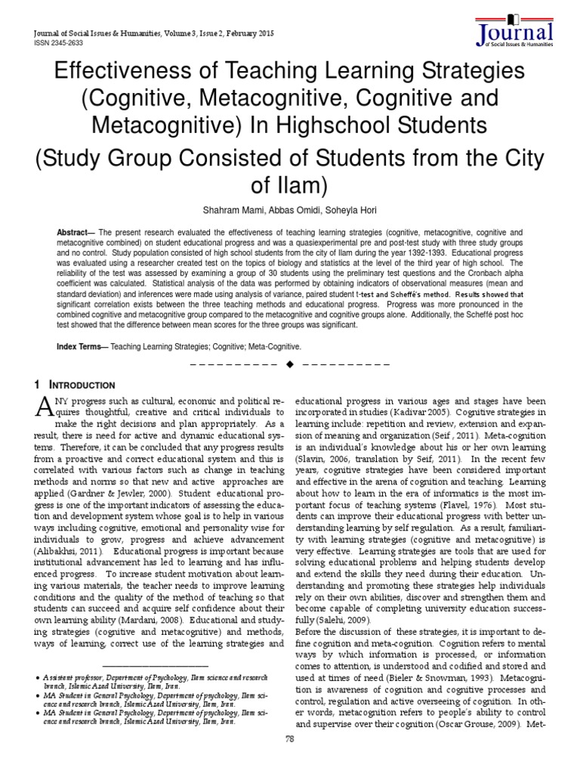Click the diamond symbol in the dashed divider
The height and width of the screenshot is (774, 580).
click(x=289, y=365)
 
